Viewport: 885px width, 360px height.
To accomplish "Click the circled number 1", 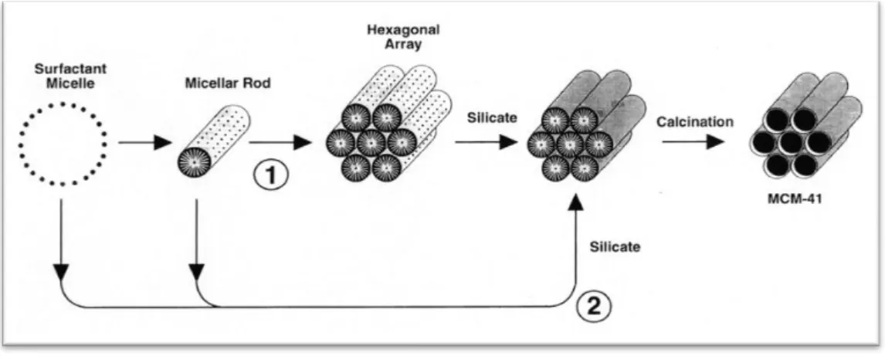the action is pyautogui.click(x=270, y=175).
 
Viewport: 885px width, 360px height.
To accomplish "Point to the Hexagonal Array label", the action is pyautogui.click(x=404, y=36).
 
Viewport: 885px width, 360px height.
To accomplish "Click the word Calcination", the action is pyautogui.click(x=695, y=121).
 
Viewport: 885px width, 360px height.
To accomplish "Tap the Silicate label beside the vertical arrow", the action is pyautogui.click(x=615, y=246).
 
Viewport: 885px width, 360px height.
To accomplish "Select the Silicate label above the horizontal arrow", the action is pyautogui.click(x=492, y=119).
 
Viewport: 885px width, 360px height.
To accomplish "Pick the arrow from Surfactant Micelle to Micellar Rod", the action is pyautogui.click(x=144, y=143).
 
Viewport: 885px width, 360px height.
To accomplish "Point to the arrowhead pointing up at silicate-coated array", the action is pyautogui.click(x=575, y=199).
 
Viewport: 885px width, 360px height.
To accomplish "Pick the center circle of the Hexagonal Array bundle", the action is pyautogui.click(x=371, y=143).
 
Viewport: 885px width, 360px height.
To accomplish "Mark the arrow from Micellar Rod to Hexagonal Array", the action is pyautogui.click(x=280, y=143).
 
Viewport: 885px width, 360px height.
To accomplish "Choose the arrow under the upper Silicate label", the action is pyautogui.click(x=486, y=141).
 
